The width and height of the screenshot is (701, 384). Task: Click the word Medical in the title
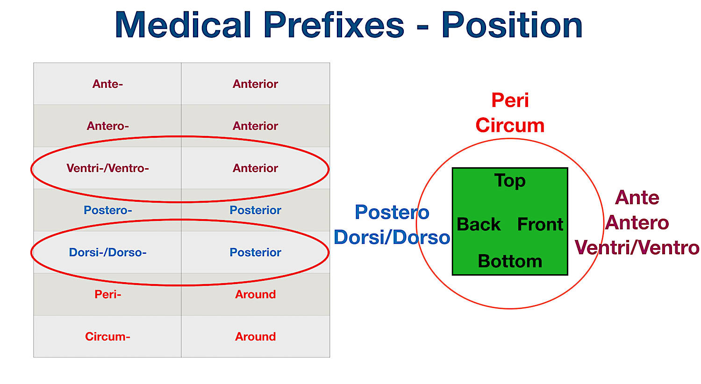pyautogui.click(x=183, y=25)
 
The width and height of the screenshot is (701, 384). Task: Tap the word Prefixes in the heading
pyautogui.click(x=334, y=25)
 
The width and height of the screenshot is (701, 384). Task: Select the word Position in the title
pyautogui.click(x=512, y=25)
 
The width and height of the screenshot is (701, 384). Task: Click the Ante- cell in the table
pyautogui.click(x=107, y=84)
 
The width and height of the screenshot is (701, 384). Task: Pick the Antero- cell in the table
pyautogui.click(x=107, y=126)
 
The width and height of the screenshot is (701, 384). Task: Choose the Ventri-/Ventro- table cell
pyautogui.click(x=107, y=168)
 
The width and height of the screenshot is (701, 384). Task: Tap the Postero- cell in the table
pyautogui.click(x=107, y=210)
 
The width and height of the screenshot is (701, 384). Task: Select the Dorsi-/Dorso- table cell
pyautogui.click(x=107, y=252)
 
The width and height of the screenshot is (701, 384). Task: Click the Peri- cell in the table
pyautogui.click(x=107, y=294)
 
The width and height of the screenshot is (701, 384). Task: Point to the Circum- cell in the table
pyautogui.click(x=107, y=336)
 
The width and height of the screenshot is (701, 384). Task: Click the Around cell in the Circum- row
pyautogui.click(x=255, y=336)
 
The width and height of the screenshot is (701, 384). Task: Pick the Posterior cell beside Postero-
pyautogui.click(x=255, y=210)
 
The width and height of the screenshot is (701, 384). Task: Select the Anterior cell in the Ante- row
pyautogui.click(x=255, y=84)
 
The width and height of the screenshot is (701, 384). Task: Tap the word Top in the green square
pyautogui.click(x=510, y=181)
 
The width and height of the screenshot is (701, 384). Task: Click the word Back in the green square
pyautogui.click(x=479, y=225)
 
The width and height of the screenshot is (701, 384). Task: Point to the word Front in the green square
pyautogui.click(x=540, y=225)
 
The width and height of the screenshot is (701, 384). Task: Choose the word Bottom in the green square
pyautogui.click(x=510, y=261)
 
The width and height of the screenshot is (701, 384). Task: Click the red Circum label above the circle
pyautogui.click(x=510, y=125)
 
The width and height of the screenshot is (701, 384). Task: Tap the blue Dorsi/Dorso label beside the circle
pyautogui.click(x=392, y=237)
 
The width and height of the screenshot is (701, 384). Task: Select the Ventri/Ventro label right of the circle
pyautogui.click(x=637, y=247)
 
